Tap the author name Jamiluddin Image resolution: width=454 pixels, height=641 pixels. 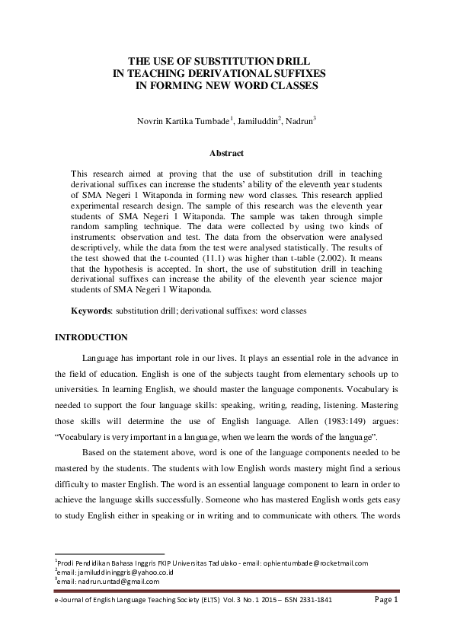[255, 120]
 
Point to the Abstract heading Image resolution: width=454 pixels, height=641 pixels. [226, 154]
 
